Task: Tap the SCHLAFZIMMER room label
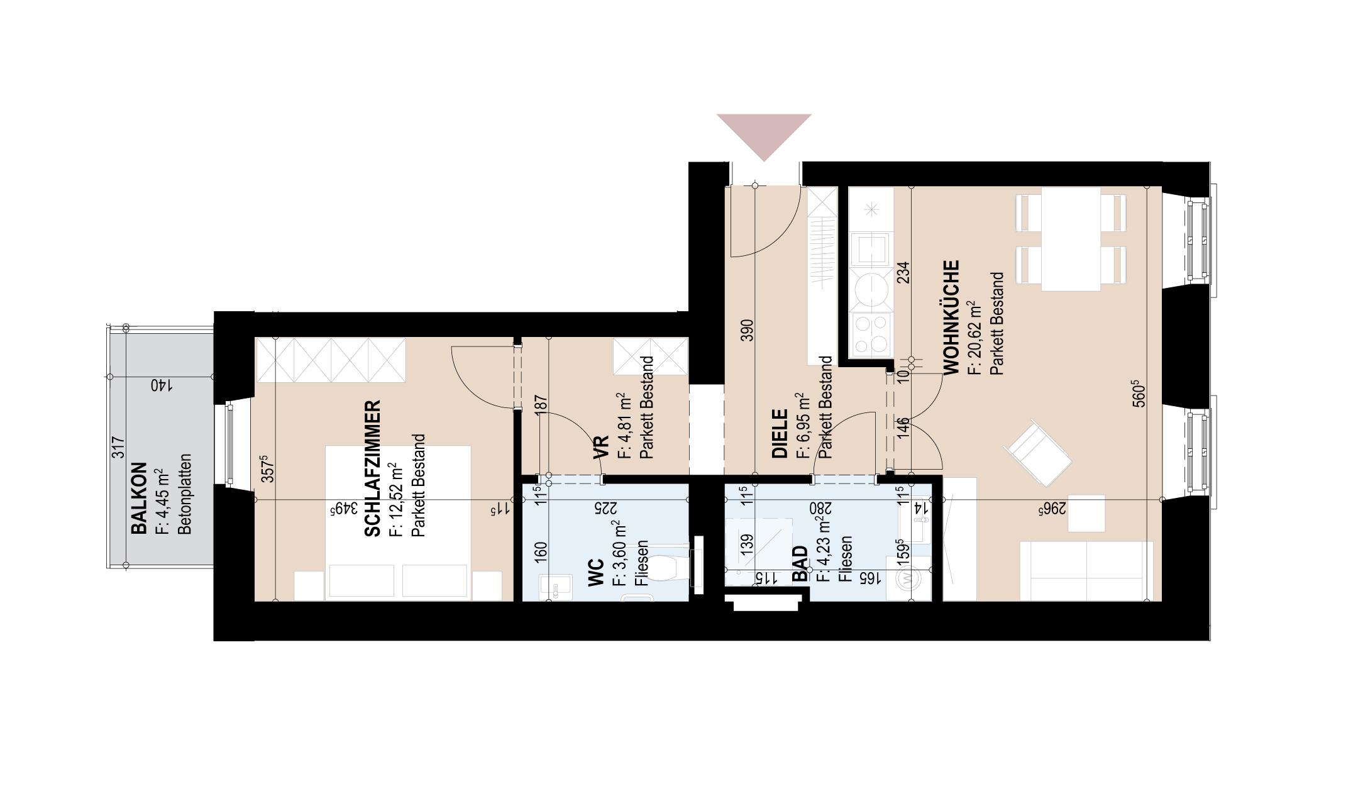pos(373,468)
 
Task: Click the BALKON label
pos(139,499)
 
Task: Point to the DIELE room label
pos(780,434)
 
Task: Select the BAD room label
pos(800,564)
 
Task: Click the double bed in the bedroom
pos(398,522)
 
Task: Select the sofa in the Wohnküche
pos(1086,570)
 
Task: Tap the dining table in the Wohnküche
pos(1071,239)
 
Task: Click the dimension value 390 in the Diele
pos(747,330)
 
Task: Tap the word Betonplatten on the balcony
pos(185,494)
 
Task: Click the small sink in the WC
pos(555,586)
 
